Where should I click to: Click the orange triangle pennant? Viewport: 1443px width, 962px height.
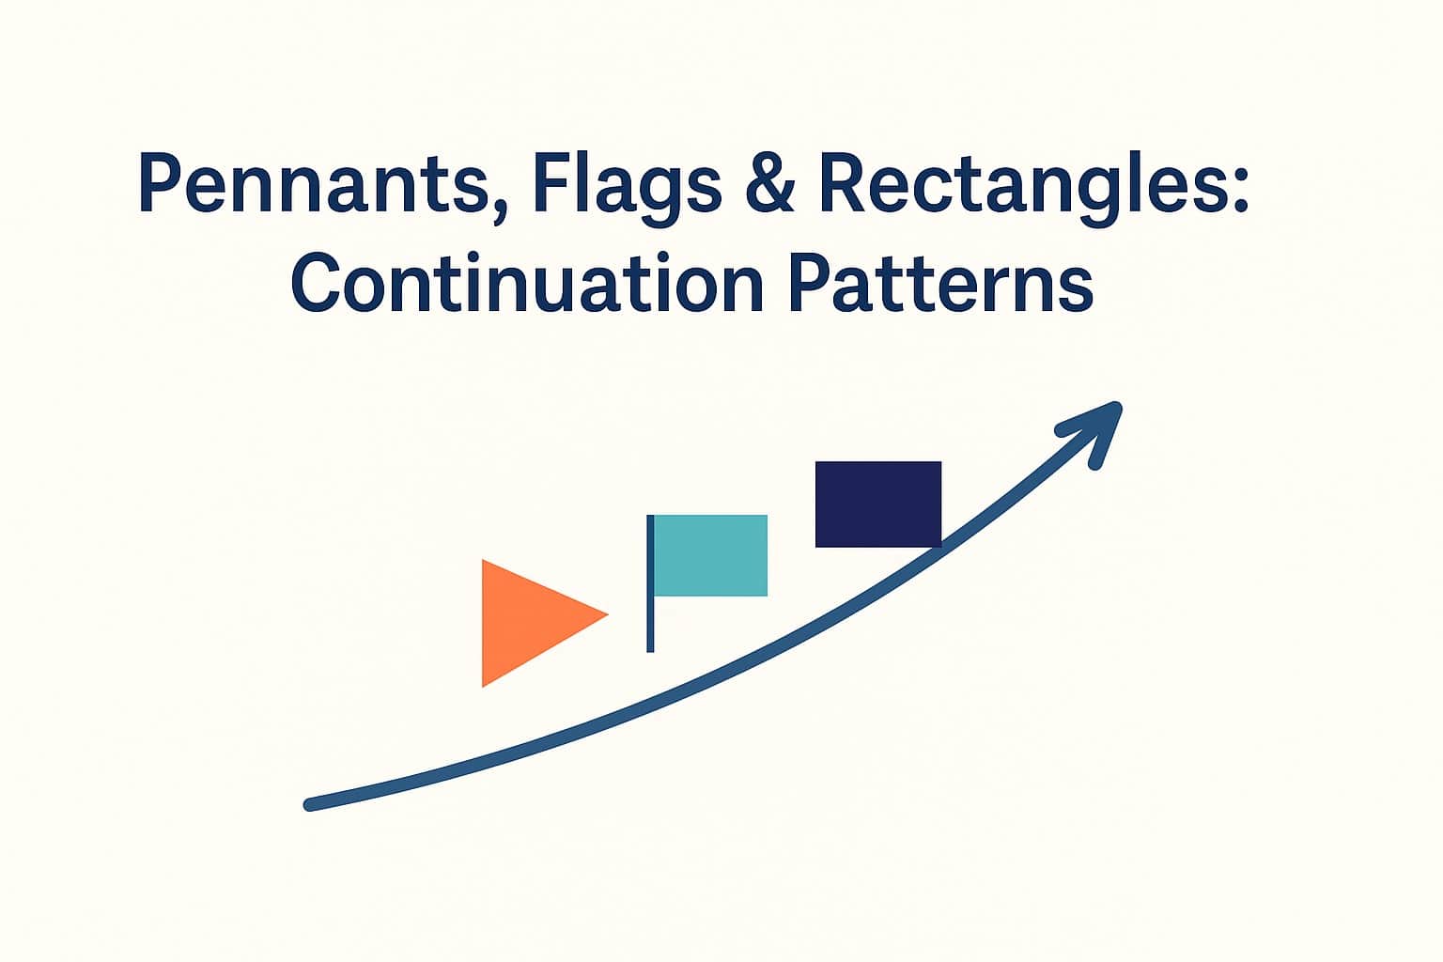tap(526, 620)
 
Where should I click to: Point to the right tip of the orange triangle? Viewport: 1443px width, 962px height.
tap(606, 615)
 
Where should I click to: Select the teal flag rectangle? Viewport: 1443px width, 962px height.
tap(710, 555)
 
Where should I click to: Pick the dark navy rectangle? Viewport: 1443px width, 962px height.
tap(877, 504)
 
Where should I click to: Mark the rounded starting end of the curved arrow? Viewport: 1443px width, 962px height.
tap(310, 804)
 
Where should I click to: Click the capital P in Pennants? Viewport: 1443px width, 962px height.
tap(160, 183)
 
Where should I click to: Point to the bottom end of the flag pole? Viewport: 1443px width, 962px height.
tap(650, 647)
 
